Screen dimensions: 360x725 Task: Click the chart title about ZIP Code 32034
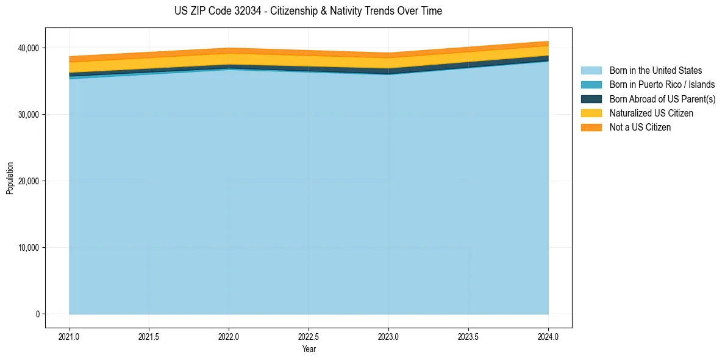[308, 11]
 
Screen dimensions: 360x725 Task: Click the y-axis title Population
[10, 178]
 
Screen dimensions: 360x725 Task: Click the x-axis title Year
[309, 349]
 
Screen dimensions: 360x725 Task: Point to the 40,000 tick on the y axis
[27, 48]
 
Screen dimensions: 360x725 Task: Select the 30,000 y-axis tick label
[27, 115]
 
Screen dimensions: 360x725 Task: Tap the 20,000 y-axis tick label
[27, 181]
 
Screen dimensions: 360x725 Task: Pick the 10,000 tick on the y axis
[27, 248]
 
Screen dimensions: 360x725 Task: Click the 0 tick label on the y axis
[37, 314]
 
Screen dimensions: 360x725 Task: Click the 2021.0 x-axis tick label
[70, 336]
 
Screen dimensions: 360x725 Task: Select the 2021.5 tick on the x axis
[149, 336]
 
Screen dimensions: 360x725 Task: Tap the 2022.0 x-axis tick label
[229, 336]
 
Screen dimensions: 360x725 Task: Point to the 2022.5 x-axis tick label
[309, 336]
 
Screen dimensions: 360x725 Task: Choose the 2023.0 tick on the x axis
[388, 336]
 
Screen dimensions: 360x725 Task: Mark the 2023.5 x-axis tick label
[468, 336]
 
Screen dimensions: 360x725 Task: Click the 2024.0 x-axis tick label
[548, 336]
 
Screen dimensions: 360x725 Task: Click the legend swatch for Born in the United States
[591, 71]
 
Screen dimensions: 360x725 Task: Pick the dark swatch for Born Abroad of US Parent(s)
[591, 99]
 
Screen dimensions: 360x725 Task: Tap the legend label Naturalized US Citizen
[651, 113]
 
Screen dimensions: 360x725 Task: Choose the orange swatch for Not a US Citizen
[591, 127]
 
